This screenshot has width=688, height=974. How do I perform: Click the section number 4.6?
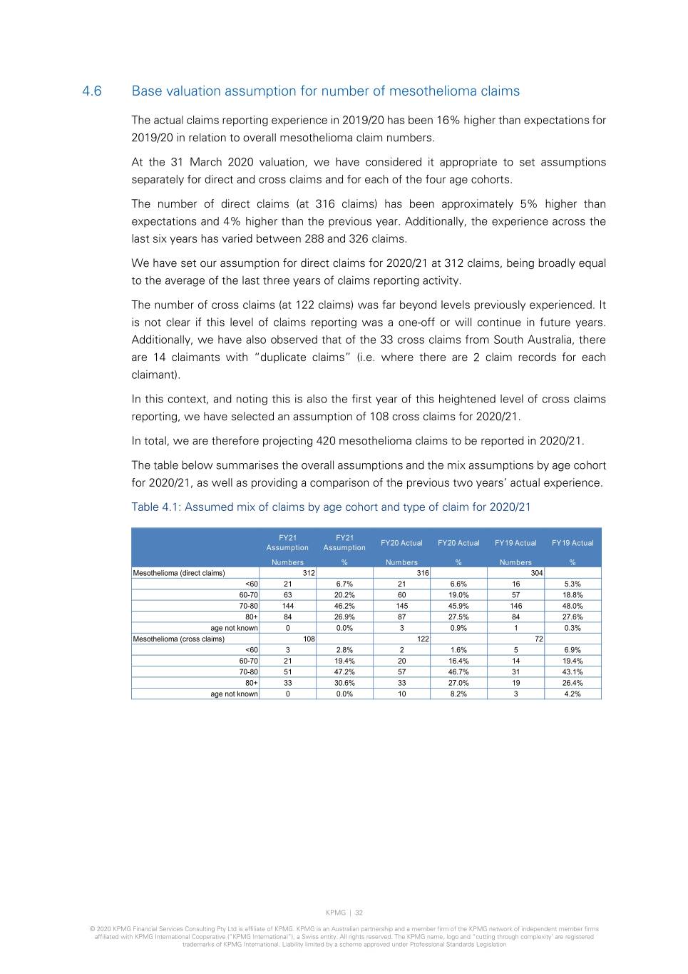(92, 91)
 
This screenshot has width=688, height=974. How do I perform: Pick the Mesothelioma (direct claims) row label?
(179, 573)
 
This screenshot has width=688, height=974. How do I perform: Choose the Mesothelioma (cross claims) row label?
(178, 639)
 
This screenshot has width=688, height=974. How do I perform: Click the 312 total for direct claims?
(309, 573)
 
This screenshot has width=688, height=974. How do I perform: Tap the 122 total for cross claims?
(423, 639)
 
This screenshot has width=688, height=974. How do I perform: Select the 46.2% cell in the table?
(344, 606)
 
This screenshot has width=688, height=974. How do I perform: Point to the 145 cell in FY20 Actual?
(401, 606)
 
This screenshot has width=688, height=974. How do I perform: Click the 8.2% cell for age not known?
(458, 694)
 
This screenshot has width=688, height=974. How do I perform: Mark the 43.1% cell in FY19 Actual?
(573, 671)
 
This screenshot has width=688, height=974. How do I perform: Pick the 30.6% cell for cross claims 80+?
(344, 683)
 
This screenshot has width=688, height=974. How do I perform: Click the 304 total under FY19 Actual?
(537, 573)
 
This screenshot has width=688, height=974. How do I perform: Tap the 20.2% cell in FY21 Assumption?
(344, 595)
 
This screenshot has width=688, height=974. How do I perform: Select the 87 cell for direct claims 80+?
(401, 617)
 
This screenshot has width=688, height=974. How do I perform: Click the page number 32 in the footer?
(359, 913)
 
